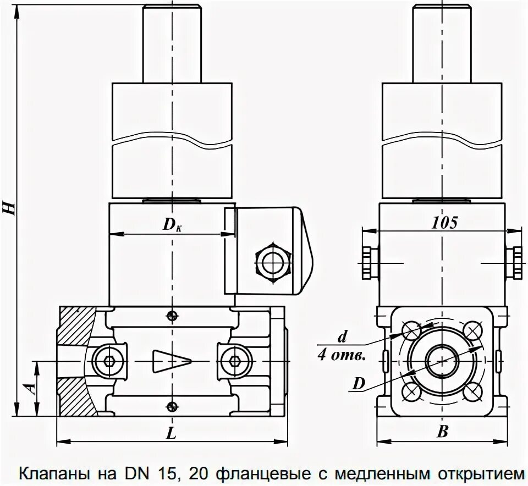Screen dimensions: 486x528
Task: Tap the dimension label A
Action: point(32,388)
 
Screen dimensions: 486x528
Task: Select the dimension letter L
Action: point(171,433)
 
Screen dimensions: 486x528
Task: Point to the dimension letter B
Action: point(442,433)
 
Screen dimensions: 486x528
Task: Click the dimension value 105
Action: point(444,223)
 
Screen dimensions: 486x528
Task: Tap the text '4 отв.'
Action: point(342,355)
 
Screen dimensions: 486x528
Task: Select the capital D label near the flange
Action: point(359,384)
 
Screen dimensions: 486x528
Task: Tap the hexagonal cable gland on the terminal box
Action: point(273,262)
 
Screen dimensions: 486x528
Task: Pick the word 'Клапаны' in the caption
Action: point(51,473)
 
